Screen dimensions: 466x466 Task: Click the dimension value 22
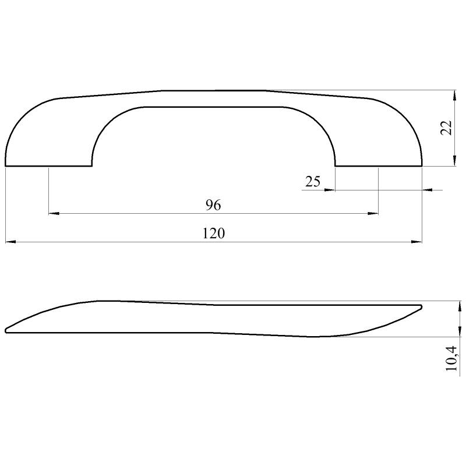[446, 128]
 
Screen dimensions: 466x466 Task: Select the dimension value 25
[313, 182]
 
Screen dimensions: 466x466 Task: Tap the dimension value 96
[213, 206]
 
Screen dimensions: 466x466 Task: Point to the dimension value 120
[214, 234]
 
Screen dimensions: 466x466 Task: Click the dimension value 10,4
[451, 358]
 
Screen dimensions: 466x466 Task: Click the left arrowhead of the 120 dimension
[10, 242]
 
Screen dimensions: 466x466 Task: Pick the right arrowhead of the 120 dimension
[416, 242]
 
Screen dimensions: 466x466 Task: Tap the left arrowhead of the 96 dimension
[54, 213]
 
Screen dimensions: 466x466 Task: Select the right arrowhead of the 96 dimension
[373, 213]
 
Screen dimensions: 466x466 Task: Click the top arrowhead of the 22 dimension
[454, 96]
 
